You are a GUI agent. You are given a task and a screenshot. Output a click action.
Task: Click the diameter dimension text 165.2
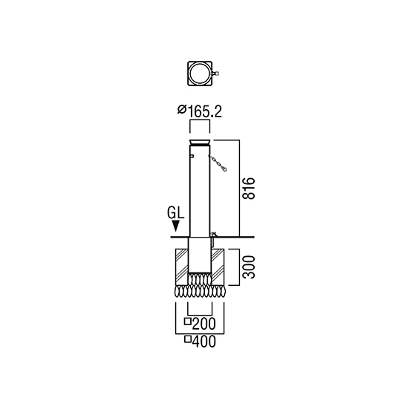(x=205, y=111)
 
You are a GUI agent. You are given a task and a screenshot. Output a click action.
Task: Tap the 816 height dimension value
(x=249, y=188)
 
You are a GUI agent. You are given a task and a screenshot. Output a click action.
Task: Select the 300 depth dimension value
(x=249, y=267)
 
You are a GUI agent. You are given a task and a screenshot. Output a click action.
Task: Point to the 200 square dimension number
(x=203, y=324)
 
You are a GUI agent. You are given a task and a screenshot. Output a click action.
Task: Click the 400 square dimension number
(x=203, y=342)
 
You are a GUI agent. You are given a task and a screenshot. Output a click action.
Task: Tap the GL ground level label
(x=176, y=213)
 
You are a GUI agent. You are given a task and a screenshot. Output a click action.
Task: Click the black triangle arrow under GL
(x=176, y=226)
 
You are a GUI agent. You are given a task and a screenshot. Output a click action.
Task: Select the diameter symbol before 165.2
(x=182, y=110)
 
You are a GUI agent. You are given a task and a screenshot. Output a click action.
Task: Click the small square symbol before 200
(x=188, y=321)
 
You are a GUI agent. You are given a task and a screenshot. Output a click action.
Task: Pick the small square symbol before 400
(x=188, y=339)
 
